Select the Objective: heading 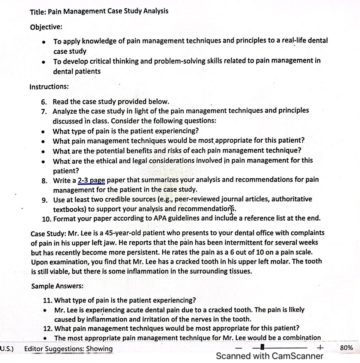point(46,27)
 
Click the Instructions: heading point(49,87)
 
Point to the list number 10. point(46,219)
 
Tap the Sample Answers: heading point(57,286)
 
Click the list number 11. point(48,300)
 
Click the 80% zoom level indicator point(347,348)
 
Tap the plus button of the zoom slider point(320,348)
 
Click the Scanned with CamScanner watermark point(269,356)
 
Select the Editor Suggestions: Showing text point(68,349)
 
